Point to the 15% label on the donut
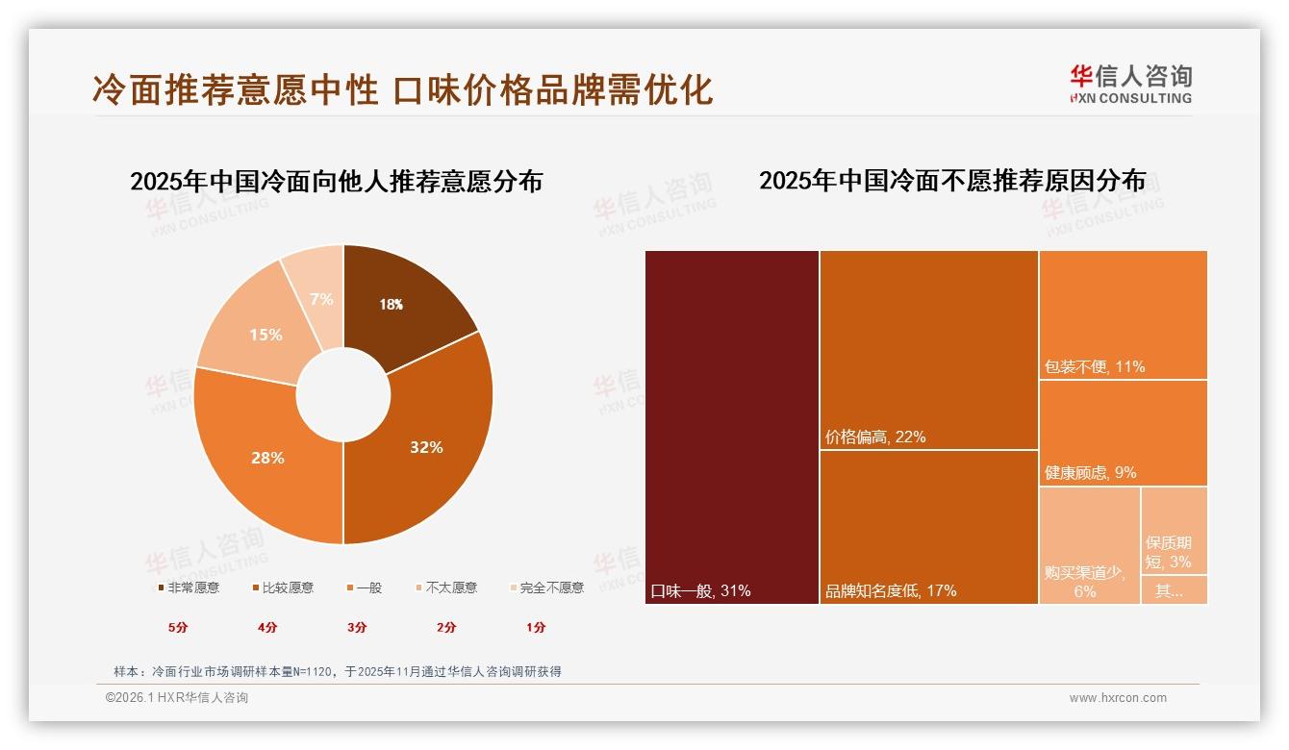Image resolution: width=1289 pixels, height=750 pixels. (x=265, y=335)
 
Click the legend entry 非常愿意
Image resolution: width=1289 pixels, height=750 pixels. (x=189, y=587)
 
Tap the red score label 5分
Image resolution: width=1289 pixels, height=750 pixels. (x=178, y=627)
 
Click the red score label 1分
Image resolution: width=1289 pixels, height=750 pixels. (x=536, y=627)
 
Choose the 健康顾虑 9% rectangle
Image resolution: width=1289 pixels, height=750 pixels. (x=1123, y=433)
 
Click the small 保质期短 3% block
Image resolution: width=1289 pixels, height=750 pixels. (x=1174, y=529)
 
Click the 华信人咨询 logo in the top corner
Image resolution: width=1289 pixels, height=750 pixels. (x=1130, y=84)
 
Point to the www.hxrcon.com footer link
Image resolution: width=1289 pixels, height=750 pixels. (x=1118, y=698)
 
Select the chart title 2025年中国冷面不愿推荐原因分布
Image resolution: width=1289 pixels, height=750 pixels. (x=952, y=181)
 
